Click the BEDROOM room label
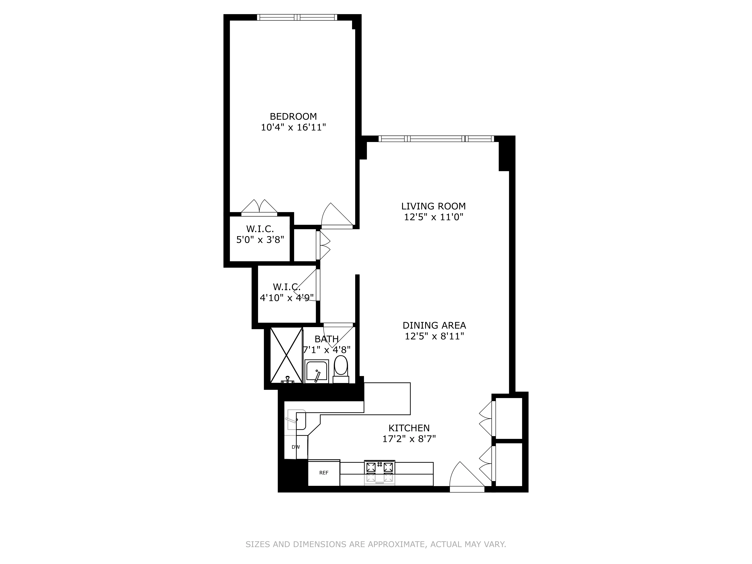293,117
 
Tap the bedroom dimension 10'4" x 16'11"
293,127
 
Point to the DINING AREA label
434,325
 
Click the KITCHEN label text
409,428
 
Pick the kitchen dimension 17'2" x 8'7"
409,439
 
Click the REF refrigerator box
324,473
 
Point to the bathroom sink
316,371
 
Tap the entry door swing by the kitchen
466,476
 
